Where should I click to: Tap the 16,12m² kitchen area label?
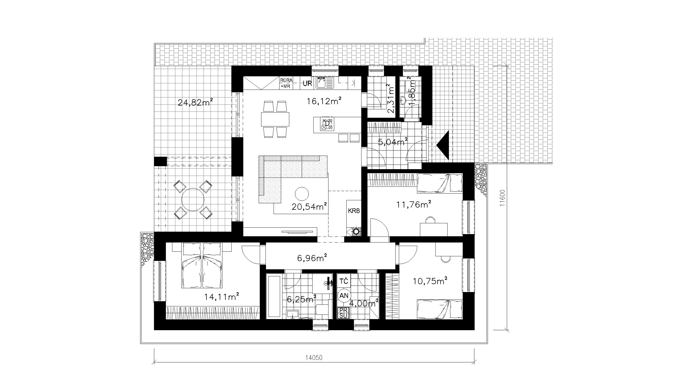[x=324, y=101]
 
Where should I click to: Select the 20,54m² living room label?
[x=309, y=207]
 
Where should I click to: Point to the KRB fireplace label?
[x=354, y=211]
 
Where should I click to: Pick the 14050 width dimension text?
[x=314, y=358]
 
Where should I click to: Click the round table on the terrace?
[x=193, y=199]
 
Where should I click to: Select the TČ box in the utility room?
[x=344, y=281]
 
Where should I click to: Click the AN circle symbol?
[x=344, y=296]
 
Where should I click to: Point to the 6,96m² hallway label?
[x=312, y=258]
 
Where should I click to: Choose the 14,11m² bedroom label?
[x=221, y=297]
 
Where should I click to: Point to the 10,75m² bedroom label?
[x=429, y=281]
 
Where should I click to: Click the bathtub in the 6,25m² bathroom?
[x=275, y=296]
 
